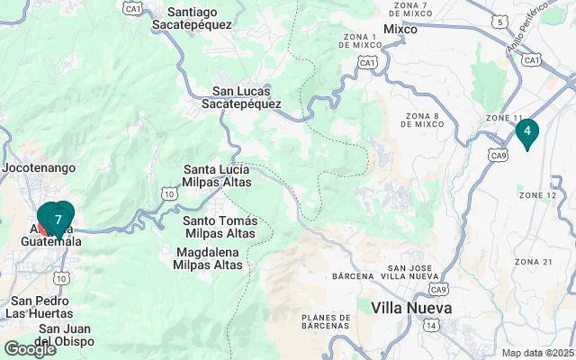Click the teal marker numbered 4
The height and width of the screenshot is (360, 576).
pos(526,132)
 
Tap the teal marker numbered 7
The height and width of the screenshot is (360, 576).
pos(58,219)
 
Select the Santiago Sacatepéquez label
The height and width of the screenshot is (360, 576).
pos(205,19)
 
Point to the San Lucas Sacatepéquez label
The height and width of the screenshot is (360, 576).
pos(247,97)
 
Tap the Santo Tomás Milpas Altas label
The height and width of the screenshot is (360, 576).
pos(220,227)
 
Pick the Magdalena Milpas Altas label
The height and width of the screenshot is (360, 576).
pos(209,258)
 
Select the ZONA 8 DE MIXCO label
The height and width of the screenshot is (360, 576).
pos(422,121)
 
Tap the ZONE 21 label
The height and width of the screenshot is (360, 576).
pos(533,261)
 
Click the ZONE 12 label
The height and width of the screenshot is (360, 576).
pos(537,194)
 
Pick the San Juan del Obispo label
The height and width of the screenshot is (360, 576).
pos(64,334)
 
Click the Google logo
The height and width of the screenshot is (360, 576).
pos(30,349)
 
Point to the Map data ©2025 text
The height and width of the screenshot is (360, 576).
pos(538,353)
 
